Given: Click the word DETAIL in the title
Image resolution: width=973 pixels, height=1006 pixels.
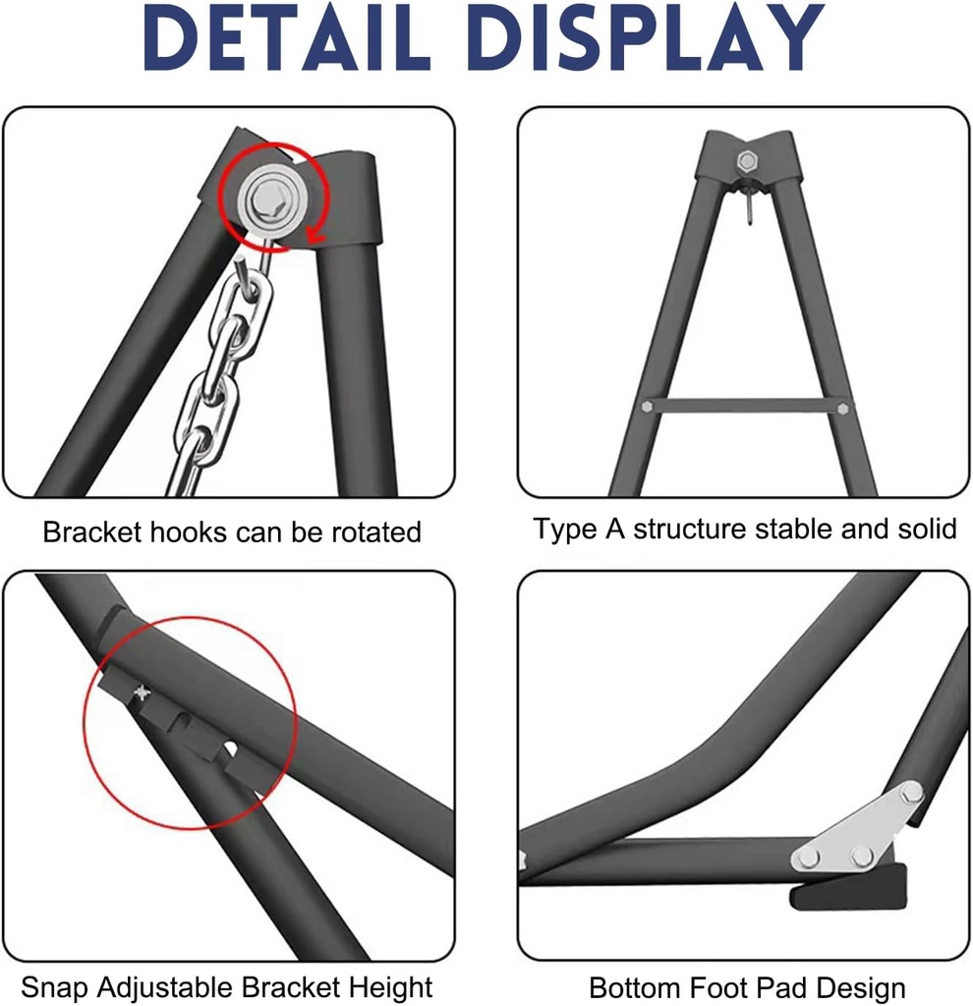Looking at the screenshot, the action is (x=286, y=37).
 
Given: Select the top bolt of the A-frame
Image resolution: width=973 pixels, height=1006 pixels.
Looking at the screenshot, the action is (x=746, y=160).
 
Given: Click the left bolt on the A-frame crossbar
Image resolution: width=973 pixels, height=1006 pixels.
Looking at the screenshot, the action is (x=647, y=406).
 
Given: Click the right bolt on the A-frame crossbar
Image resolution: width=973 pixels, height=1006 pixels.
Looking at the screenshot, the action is (x=842, y=409).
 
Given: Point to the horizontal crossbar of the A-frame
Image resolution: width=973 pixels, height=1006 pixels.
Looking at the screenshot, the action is (x=745, y=407).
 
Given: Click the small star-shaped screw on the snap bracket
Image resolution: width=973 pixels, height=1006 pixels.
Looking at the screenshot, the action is (x=141, y=694).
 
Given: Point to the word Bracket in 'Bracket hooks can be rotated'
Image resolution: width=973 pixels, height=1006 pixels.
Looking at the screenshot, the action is (x=91, y=532).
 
